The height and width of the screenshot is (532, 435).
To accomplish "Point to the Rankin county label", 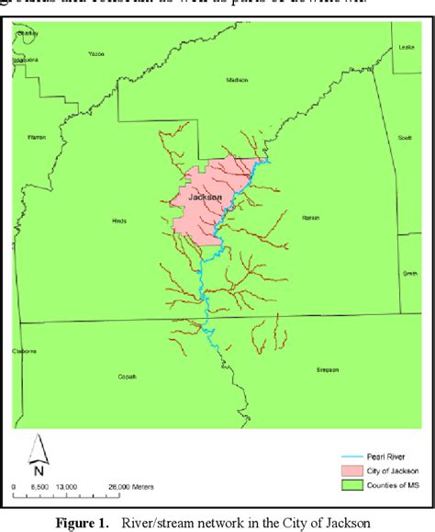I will tap(309, 218).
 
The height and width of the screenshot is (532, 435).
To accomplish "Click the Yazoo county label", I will tap(97, 54).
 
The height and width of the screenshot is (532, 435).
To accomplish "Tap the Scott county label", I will tap(405, 138).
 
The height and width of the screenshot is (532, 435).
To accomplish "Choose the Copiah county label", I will tap(126, 376).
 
